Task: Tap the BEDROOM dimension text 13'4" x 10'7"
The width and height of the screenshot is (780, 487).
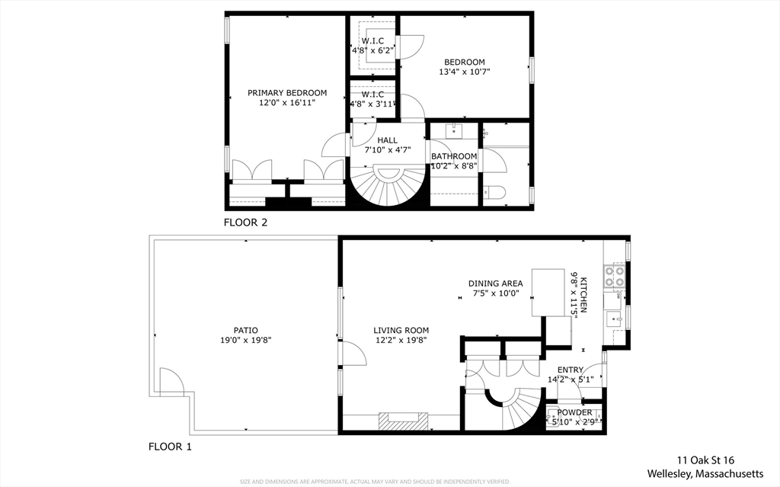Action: (464, 72)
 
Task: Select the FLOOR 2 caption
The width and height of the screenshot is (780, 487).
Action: (245, 223)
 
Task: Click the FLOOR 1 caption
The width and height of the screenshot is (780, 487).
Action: (169, 447)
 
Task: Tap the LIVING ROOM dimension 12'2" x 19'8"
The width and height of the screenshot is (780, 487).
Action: (401, 341)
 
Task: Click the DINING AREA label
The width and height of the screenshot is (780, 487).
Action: (495, 284)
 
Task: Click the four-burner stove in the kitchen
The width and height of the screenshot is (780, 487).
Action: (615, 276)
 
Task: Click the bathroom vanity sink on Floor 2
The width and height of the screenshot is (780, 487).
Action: (455, 130)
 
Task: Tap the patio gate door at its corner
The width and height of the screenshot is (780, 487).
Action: (171, 379)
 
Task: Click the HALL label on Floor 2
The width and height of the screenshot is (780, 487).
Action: (387, 140)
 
